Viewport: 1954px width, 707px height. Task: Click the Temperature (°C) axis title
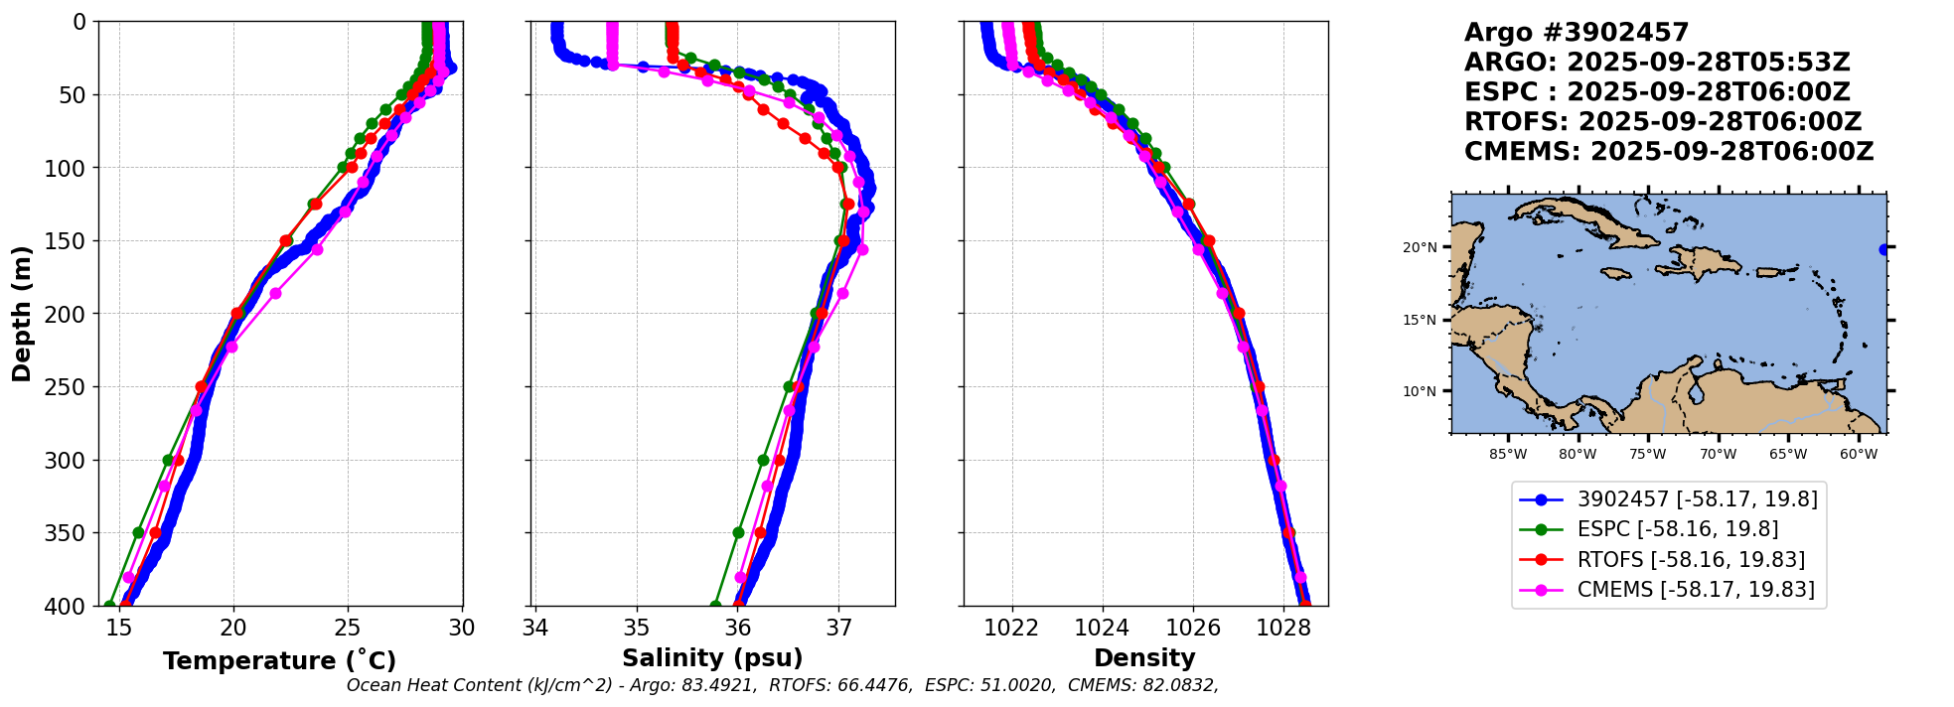pos(279,661)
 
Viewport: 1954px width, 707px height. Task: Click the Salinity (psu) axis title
pos(712,658)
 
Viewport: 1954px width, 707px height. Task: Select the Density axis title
pos(1144,658)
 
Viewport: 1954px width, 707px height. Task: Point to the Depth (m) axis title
pos(22,314)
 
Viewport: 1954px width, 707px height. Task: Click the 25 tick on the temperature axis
pos(348,628)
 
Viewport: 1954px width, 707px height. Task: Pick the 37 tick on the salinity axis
pos(838,628)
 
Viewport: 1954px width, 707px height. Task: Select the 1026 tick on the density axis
pos(1192,628)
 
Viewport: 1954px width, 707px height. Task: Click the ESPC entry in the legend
pos(1677,529)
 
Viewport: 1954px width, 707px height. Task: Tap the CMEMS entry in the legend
pos(1695,590)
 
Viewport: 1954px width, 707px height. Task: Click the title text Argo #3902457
pos(1577,33)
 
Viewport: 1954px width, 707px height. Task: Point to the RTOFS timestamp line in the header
pos(1662,122)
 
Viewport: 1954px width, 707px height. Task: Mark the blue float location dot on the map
pos(1883,249)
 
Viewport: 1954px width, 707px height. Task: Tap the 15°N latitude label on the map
pos(1420,320)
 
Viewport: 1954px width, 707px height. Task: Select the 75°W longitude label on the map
pos(1647,455)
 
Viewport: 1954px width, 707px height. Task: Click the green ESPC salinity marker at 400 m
pos(715,605)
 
